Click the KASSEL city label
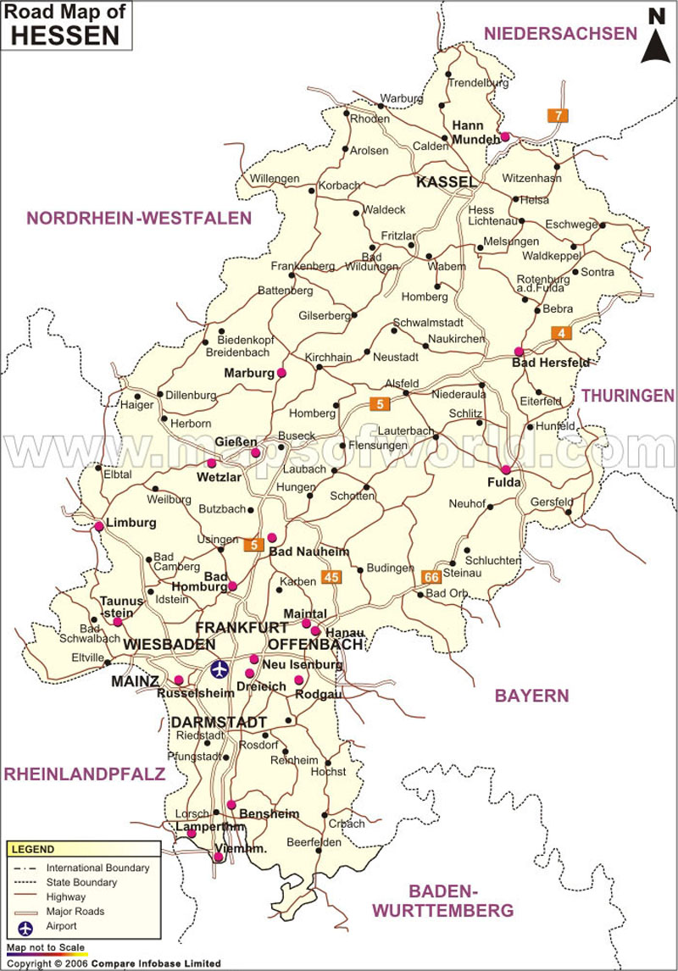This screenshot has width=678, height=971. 446,182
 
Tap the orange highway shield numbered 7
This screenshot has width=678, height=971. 557,115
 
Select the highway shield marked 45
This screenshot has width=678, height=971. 331,577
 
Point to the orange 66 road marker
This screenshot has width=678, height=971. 431,576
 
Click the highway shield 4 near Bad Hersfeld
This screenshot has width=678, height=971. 561,333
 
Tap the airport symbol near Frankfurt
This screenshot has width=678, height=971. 220,669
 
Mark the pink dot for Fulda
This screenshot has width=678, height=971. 506,469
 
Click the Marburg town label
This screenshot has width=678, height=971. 249,373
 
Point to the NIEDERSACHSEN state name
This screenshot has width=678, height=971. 559,33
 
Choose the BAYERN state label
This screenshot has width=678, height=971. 531,696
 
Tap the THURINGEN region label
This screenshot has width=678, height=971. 626,395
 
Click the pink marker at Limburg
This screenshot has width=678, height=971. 99,526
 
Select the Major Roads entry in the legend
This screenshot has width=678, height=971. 75,912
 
